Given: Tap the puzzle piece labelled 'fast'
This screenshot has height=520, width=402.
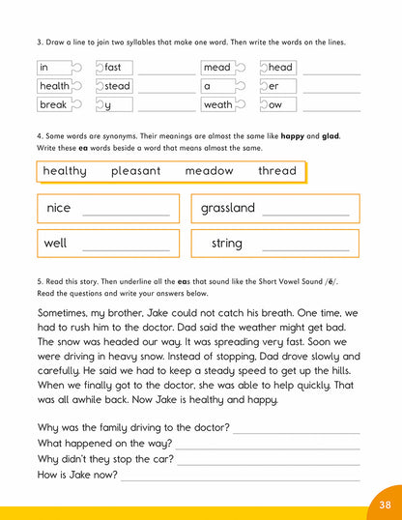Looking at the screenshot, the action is pyautogui.click(x=114, y=68).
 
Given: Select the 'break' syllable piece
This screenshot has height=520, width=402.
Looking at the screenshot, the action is pyautogui.click(x=55, y=104).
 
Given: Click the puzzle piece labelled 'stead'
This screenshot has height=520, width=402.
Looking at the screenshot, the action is pyautogui.click(x=116, y=86).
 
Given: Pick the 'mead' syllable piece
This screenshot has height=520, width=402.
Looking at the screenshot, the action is pyautogui.click(x=219, y=68).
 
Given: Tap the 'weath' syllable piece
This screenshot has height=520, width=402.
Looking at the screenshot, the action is pyautogui.click(x=220, y=104).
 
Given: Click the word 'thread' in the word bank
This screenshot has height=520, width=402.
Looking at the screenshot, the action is pyautogui.click(x=277, y=171).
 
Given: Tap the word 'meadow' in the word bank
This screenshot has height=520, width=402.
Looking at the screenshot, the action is pyautogui.click(x=209, y=171).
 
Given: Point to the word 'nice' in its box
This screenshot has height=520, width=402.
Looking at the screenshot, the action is pyautogui.click(x=59, y=208).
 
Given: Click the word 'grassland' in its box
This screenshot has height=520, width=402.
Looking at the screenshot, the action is pyautogui.click(x=228, y=208).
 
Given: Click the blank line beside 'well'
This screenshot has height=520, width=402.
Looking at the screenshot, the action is pyautogui.click(x=131, y=249).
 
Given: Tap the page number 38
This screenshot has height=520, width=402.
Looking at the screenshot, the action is pyautogui.click(x=385, y=504).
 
